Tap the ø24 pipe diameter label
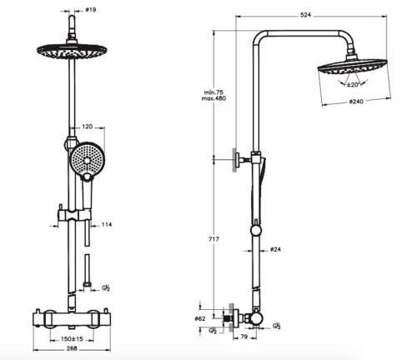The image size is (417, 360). coord(276,249)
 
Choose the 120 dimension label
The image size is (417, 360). coord(87,129)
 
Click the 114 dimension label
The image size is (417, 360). coord(106,224)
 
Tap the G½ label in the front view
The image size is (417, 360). coord(105,288)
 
